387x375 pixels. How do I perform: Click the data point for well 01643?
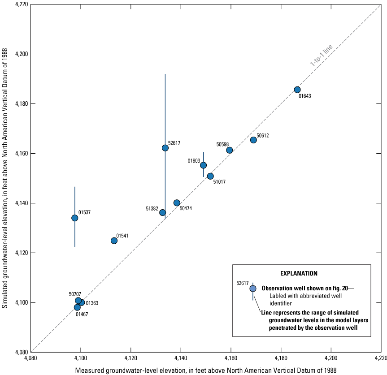coord(297,90)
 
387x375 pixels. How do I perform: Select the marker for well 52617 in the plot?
coord(165,148)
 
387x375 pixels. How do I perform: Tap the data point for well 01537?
coord(74,218)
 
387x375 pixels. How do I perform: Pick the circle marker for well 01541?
coord(114,241)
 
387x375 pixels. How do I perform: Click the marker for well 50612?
coord(253,140)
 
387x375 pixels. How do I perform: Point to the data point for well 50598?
coord(230,150)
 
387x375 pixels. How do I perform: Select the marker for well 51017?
coord(210,176)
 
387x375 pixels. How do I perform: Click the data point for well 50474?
coord(177,203)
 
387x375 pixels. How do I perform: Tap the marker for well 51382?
coord(163,212)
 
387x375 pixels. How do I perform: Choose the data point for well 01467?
coord(77,307)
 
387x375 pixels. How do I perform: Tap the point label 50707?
coord(75,294)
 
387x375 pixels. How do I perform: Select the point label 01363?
coord(92,303)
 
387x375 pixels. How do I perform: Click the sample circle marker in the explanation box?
coord(253,289)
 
